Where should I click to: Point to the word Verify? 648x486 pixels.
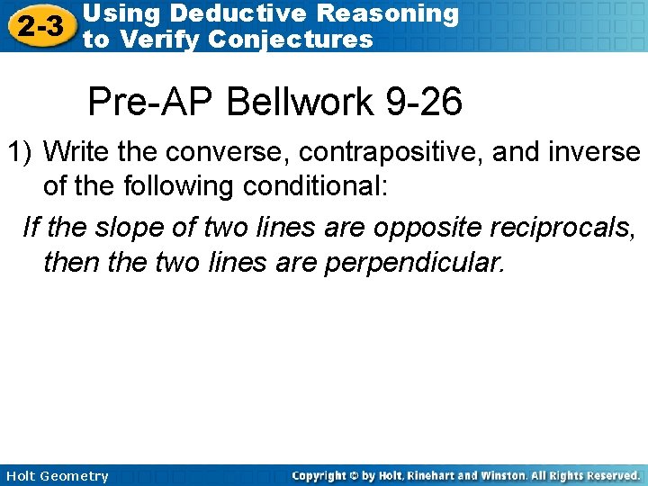click(x=165, y=39)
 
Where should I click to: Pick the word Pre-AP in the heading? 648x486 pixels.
click(x=151, y=102)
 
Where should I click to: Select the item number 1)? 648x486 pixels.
click(x=22, y=152)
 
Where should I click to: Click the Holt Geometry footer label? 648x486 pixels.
click(x=57, y=475)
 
